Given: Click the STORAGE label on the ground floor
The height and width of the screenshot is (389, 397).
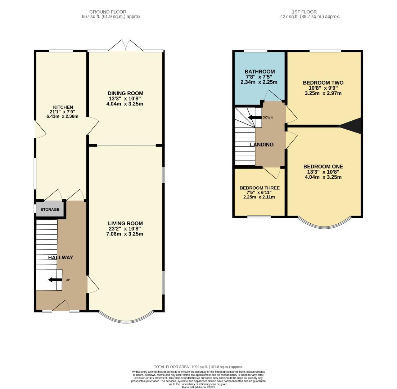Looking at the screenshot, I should [x=50, y=209].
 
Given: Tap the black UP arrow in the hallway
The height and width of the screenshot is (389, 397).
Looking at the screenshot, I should [x=54, y=280].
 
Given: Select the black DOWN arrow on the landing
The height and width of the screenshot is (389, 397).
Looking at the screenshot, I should [x=255, y=117].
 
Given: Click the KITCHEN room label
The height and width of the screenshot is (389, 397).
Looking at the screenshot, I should [x=63, y=107].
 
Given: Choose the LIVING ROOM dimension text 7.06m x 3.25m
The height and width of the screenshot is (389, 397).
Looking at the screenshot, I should [x=125, y=234].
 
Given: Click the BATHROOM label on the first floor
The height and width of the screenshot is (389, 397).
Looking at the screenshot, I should [x=260, y=72].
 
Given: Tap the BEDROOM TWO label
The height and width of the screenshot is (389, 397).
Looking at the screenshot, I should [x=323, y=82].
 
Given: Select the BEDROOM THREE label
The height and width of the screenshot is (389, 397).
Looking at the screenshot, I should [x=259, y=188].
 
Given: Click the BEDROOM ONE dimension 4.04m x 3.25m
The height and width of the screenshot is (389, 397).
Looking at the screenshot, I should [x=323, y=177].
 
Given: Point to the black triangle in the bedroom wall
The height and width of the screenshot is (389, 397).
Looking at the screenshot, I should [x=352, y=126].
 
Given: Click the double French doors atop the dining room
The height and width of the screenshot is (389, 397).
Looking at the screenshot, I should [x=126, y=46].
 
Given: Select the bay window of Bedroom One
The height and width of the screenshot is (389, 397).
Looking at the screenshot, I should [x=324, y=225].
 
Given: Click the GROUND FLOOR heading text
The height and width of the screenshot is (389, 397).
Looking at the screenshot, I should [x=108, y=12].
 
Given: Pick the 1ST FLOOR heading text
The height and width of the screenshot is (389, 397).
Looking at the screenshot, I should [x=309, y=12].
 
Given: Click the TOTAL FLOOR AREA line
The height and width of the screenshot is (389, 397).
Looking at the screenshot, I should [x=198, y=367].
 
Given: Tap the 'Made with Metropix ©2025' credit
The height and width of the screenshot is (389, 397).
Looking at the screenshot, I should [x=198, y=387].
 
